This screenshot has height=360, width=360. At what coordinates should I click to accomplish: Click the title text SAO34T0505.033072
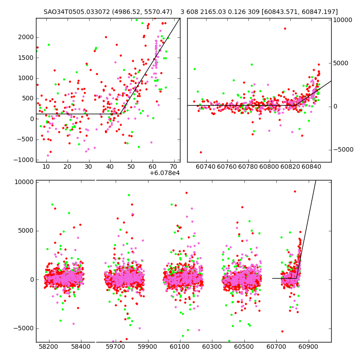point(77,12)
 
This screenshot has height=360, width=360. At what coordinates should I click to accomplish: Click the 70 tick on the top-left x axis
point(173,166)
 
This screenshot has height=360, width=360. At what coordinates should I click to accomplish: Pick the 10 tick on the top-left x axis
point(46,166)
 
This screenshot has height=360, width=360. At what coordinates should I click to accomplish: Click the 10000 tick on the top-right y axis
point(343,20)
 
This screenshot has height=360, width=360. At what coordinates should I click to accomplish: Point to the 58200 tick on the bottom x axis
point(49,347)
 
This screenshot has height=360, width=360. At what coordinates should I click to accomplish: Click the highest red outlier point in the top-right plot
point(285,28)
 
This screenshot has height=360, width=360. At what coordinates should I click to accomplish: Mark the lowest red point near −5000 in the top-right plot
point(201,152)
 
